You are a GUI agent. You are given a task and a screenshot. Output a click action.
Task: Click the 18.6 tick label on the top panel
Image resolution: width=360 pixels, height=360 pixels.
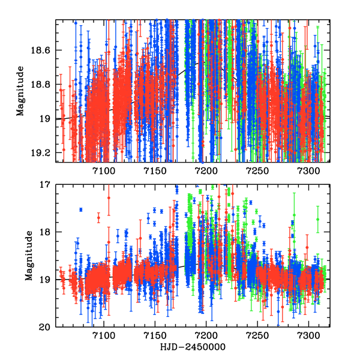point(43,50)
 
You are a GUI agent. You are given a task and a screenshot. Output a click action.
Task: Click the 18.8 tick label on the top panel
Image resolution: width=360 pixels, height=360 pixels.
point(43,85)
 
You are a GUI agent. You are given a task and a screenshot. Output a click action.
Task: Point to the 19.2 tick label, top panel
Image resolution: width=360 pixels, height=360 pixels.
point(43,153)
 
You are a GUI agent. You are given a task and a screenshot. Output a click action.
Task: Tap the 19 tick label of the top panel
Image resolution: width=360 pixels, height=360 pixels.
point(47,119)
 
